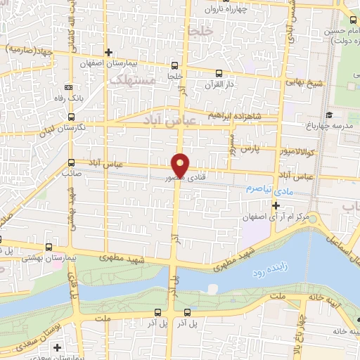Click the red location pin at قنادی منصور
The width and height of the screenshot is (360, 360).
181,165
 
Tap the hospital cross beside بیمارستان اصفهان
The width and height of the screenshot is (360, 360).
108,52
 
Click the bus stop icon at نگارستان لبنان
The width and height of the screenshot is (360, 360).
71,117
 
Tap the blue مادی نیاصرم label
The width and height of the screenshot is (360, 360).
260,191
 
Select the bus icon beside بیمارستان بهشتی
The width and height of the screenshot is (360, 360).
48,247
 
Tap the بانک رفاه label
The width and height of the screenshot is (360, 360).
90,97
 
